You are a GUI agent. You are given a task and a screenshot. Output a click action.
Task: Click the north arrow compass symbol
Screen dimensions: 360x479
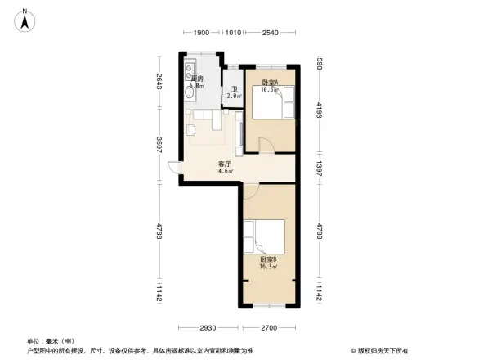(25, 20)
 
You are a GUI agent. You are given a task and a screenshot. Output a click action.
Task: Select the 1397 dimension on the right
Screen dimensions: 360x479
(320, 168)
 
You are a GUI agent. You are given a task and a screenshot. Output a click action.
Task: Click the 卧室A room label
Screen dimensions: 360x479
(270, 83)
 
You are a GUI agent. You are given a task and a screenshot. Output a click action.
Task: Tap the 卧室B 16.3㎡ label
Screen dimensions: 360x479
(268, 263)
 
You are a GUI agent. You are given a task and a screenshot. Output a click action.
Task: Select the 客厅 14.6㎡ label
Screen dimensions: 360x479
(224, 167)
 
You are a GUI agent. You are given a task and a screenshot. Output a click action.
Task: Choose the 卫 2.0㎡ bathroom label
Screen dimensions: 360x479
(234, 92)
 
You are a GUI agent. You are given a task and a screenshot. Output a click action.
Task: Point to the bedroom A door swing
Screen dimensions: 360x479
(266, 144)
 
